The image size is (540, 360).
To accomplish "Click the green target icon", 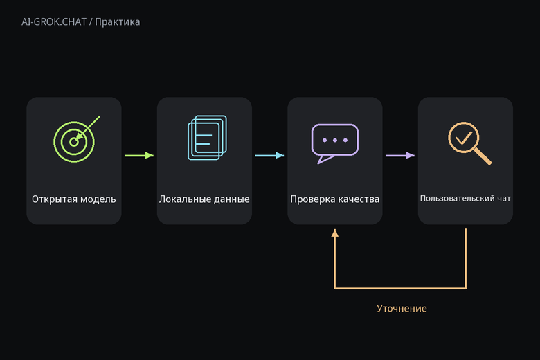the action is click(x=73, y=142).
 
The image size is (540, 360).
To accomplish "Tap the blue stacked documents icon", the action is click(x=207, y=138).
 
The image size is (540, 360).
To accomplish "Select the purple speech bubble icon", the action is click(x=335, y=143).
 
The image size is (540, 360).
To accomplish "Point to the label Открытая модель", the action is click(x=73, y=199).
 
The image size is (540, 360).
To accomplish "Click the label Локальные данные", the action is click(x=204, y=199).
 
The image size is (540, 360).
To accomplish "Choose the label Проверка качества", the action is click(x=335, y=199).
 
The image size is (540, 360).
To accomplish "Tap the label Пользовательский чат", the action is click(x=465, y=199).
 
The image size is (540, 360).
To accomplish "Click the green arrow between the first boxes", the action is click(x=139, y=155).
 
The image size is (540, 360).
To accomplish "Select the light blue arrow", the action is click(x=270, y=155).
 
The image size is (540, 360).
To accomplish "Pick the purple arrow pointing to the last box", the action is click(x=400, y=155).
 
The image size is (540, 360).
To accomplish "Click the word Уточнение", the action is click(x=402, y=308).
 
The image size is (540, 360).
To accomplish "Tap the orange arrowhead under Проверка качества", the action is click(x=335, y=233).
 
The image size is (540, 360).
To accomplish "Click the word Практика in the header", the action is click(x=118, y=22).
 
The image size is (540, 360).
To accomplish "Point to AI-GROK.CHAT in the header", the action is click(x=54, y=22).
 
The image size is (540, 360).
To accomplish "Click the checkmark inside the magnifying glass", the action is click(x=464, y=138).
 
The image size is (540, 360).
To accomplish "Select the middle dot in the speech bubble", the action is click(x=335, y=141).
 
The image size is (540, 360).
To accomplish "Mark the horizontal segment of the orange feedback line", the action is click(x=400, y=288).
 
